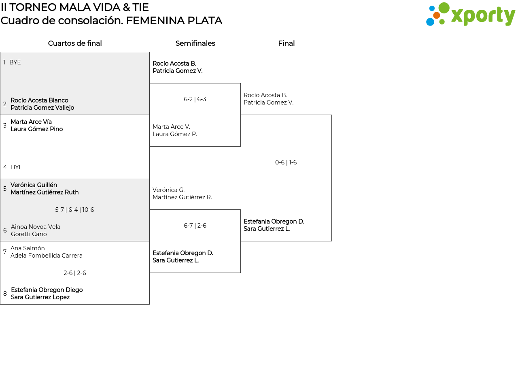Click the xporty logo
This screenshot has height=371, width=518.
point(470,15)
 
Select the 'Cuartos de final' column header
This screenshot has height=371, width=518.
point(75,43)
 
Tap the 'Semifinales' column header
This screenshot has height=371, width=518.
point(195,43)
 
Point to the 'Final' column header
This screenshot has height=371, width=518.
point(286,43)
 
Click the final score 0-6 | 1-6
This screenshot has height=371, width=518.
point(286,162)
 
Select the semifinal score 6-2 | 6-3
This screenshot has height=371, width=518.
point(195,99)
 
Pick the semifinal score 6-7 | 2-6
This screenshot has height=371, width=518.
point(195,226)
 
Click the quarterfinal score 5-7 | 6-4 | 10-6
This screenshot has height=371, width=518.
point(74,210)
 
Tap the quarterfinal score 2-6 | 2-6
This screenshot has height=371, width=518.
point(75,273)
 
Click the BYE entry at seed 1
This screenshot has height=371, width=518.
point(15,62)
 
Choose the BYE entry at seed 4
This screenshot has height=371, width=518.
point(17,167)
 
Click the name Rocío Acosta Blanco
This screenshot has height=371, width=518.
point(39,100)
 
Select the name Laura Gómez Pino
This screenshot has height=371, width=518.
point(36,129)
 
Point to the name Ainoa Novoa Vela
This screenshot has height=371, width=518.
point(36,227)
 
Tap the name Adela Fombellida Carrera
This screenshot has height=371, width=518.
point(47,256)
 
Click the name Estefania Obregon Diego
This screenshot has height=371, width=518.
point(47,290)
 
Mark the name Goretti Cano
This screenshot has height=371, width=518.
point(29,234)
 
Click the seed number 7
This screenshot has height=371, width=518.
point(5,252)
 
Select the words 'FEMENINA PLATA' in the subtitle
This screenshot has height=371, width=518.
point(174,21)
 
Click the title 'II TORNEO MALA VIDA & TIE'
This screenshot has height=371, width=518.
point(75,7)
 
